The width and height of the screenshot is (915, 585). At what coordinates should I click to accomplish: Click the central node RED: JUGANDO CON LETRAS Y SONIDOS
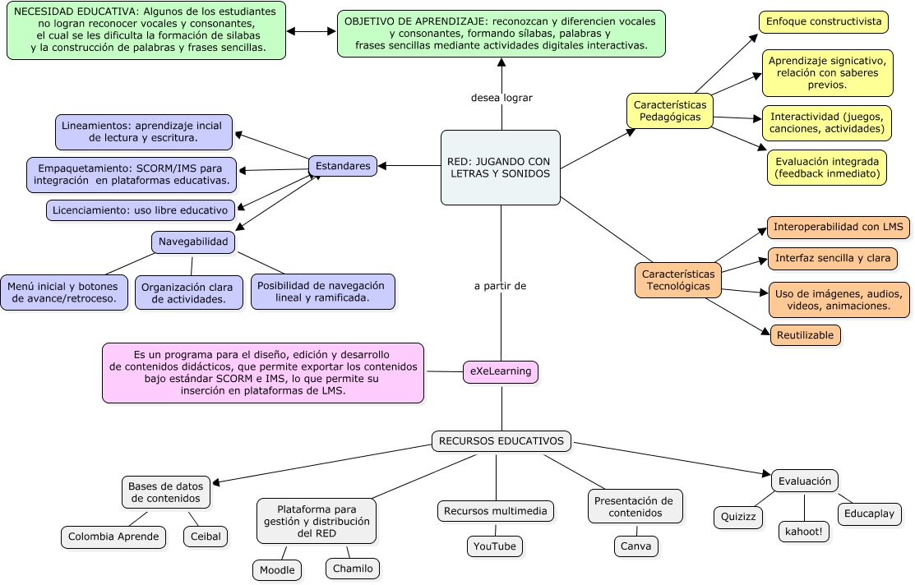500,168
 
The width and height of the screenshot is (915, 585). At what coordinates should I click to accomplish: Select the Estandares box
343,166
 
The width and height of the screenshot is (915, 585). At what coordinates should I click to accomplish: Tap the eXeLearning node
501,371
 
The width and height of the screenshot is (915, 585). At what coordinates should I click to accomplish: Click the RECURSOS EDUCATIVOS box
501,441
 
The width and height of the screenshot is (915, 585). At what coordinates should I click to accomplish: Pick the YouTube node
494,546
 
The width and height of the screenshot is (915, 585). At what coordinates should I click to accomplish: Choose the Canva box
635,546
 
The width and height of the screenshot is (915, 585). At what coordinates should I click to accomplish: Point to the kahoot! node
804,532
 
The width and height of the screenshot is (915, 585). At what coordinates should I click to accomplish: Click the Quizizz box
738,518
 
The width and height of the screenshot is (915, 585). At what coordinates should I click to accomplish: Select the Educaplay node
870,514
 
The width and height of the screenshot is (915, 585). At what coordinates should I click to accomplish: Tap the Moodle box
276,570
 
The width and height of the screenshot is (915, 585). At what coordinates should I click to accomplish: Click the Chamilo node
353,569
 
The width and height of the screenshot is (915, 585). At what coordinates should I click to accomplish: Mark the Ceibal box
206,537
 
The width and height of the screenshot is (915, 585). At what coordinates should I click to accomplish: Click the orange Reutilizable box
806,334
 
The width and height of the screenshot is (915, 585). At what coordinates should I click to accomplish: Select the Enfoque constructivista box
822,22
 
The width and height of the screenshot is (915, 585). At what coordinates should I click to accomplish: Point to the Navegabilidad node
193,242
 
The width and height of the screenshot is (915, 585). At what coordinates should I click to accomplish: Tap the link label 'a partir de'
500,286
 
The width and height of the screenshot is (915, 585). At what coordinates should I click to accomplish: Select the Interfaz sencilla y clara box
832,258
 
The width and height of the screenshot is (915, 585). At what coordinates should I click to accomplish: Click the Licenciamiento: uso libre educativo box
141,210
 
